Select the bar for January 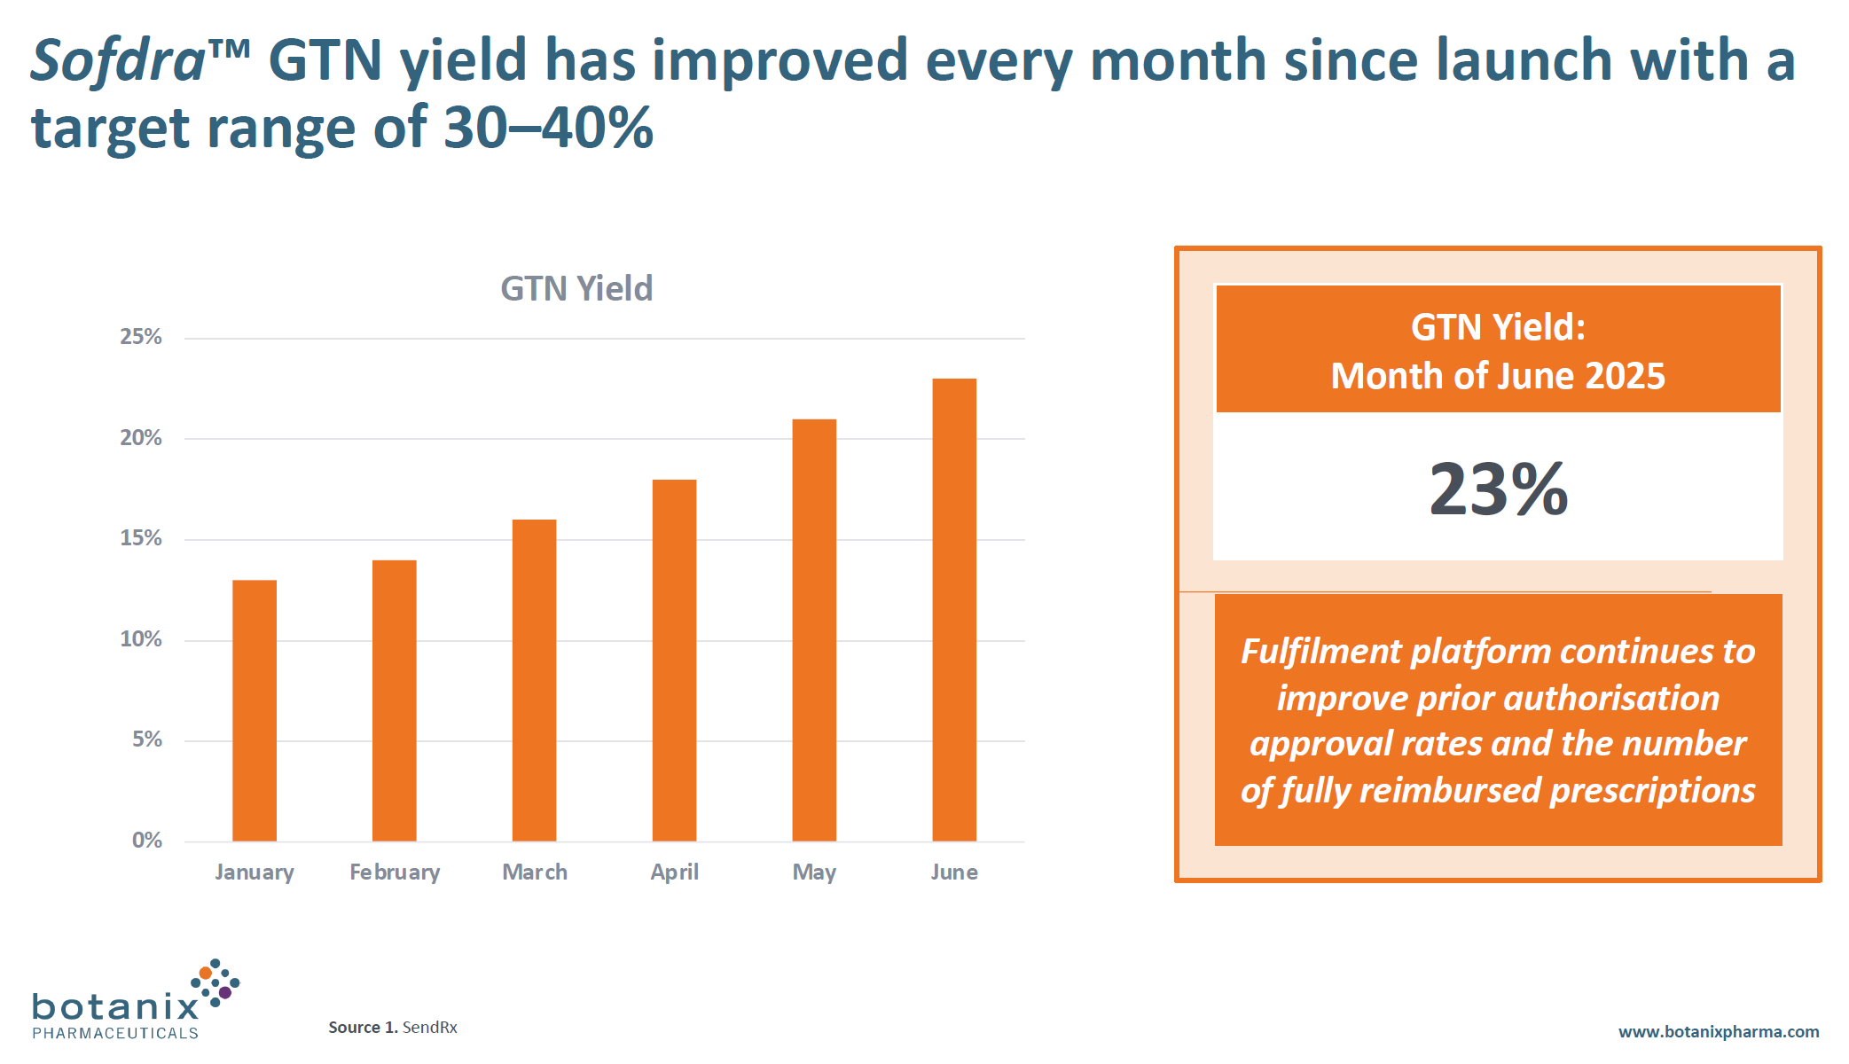255,710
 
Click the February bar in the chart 395,700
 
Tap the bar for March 534,680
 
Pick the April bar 674,661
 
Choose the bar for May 814,630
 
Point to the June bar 954,610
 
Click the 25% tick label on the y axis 141,337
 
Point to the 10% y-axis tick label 141,639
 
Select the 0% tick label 147,841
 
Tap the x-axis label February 395,872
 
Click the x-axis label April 674,872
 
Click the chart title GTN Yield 576,289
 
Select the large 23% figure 1498,489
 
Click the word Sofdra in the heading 118,61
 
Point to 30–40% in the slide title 548,128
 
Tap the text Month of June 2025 1498,376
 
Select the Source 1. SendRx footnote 393,1028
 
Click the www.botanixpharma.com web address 1718,1032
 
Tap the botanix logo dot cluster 215,982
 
